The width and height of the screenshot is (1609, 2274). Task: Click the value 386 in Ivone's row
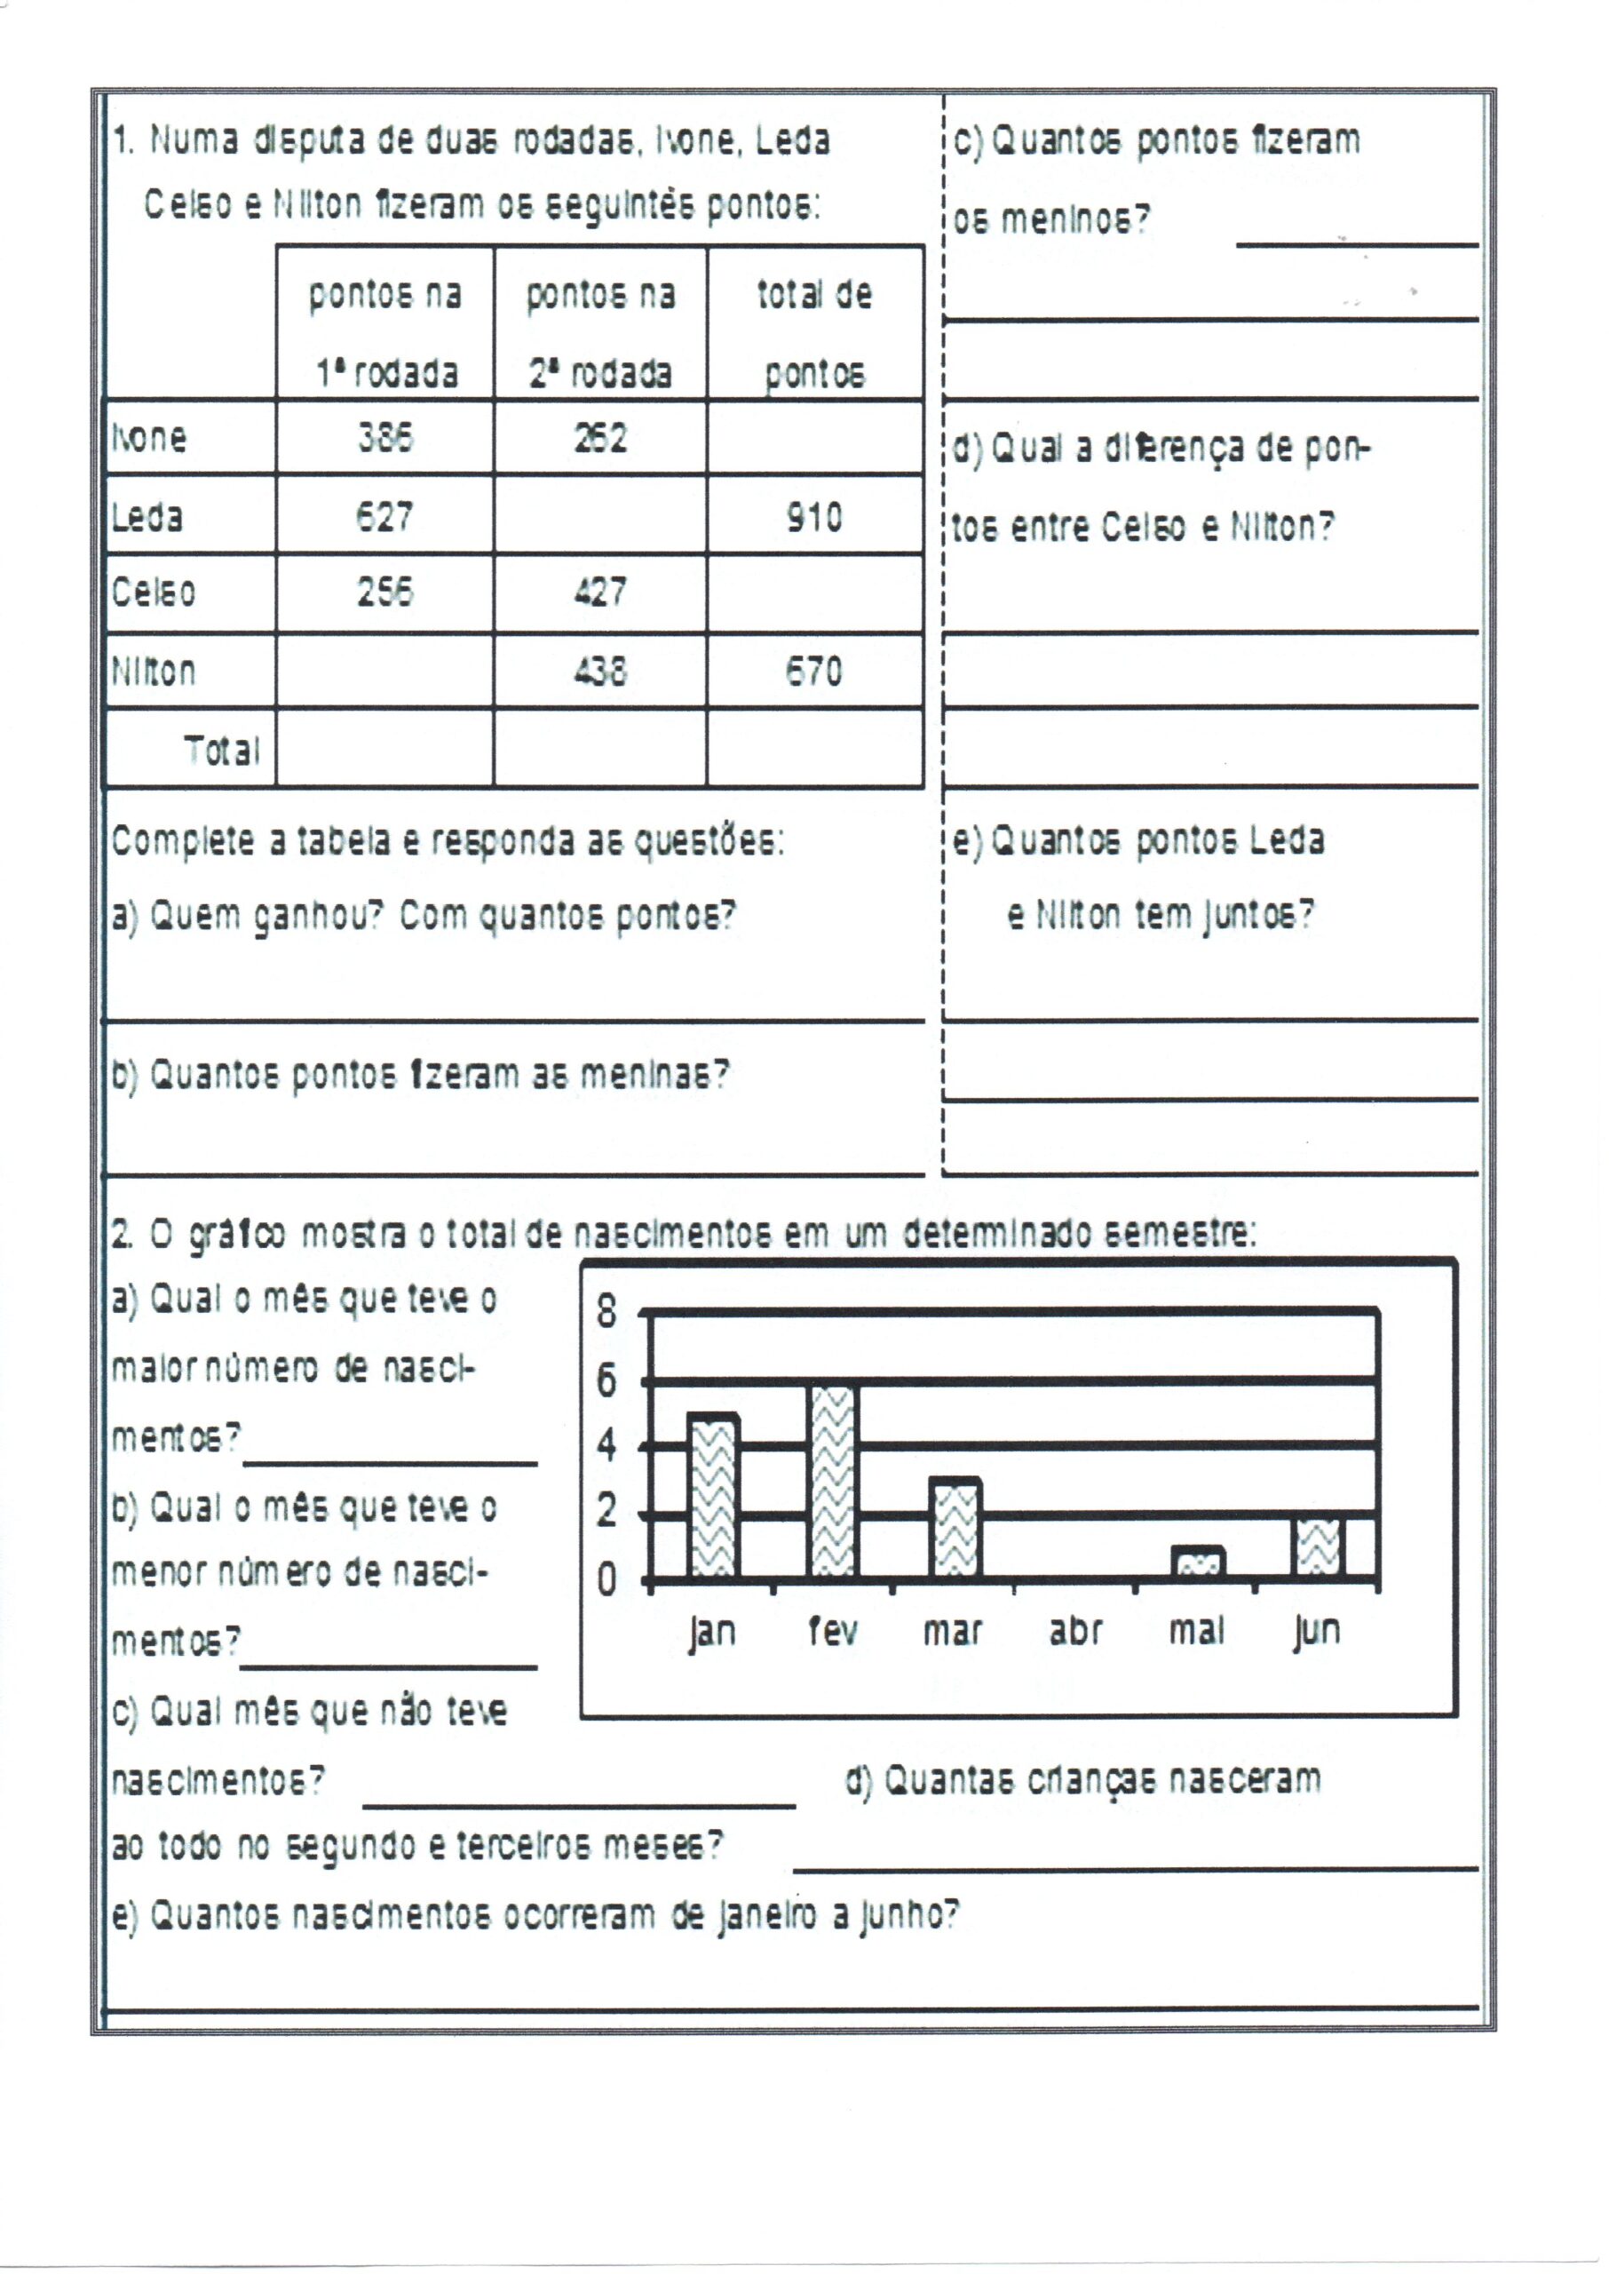coord(384,437)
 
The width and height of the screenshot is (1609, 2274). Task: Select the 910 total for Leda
coord(814,516)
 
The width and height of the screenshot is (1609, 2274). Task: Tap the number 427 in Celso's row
coord(599,592)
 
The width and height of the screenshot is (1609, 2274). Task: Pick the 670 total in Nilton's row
coord(814,672)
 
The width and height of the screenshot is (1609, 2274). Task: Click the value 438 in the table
coord(599,672)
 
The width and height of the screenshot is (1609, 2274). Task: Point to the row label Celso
coord(154,592)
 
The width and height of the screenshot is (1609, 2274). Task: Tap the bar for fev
coord(833,1481)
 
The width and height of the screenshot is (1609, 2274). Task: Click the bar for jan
coord(712,1496)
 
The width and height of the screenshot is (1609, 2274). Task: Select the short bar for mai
coord(1198,1562)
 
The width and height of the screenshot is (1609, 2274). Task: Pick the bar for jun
coord(1318,1546)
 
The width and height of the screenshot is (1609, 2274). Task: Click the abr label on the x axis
coord(1076,1631)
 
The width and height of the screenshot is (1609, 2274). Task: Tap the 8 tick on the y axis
coord(606,1312)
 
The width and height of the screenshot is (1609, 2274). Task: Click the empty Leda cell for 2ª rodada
coord(599,515)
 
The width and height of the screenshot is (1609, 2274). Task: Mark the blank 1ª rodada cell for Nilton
coord(384,672)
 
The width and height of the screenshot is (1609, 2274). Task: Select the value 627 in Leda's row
coord(384,516)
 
